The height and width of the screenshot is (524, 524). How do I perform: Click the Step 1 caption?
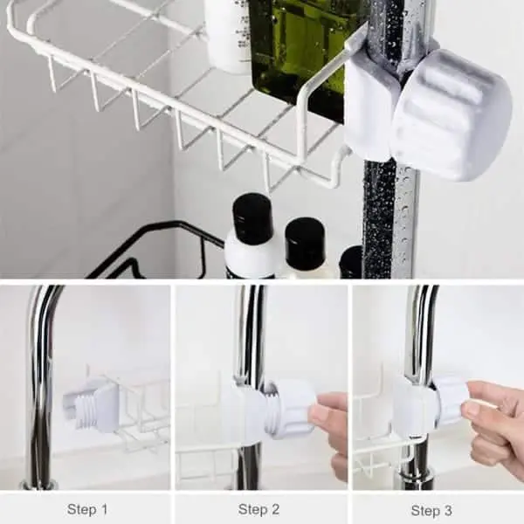coord(87,509)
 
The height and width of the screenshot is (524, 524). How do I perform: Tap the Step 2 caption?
coord(259,509)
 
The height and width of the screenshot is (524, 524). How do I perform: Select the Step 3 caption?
coord(431,510)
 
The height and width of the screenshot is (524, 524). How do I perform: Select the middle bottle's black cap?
coord(305,239)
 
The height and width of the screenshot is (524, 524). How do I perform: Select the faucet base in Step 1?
coord(38,484)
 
